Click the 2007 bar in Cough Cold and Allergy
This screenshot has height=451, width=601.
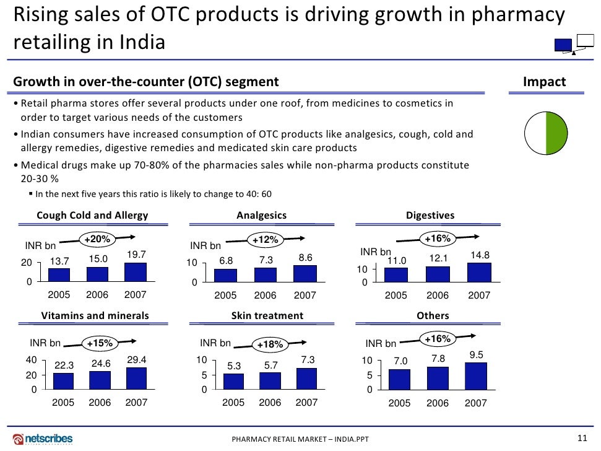pyautogui.click(x=136, y=273)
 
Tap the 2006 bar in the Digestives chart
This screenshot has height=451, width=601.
pyautogui.click(x=438, y=274)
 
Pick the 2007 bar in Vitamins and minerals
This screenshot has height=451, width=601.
pyautogui.click(x=137, y=379)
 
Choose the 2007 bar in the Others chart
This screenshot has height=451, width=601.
pyautogui.click(x=475, y=376)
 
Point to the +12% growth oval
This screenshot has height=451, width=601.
pyautogui.click(x=266, y=240)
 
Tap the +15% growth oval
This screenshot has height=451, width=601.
pyautogui.click(x=99, y=343)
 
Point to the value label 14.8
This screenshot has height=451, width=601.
pyautogui.click(x=480, y=255)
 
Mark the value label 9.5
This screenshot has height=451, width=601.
pyautogui.click(x=476, y=355)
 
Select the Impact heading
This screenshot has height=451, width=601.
pyautogui.click(x=544, y=82)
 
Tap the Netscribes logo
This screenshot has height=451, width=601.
pyautogui.click(x=43, y=439)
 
